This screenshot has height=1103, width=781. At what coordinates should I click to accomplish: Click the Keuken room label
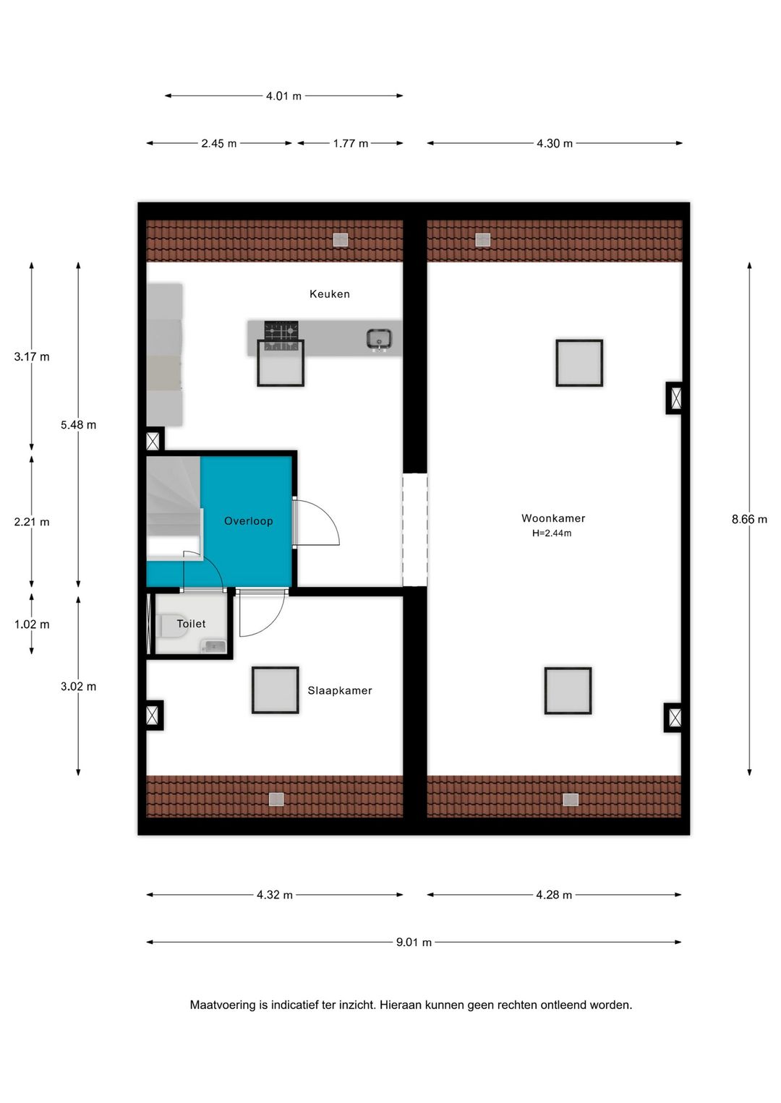(329, 294)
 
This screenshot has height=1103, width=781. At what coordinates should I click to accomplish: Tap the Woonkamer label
(553, 518)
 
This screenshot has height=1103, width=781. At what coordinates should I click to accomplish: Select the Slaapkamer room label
(340, 690)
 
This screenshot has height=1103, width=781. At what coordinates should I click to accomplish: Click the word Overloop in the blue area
(248, 521)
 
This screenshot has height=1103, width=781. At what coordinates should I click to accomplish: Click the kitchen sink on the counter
(379, 338)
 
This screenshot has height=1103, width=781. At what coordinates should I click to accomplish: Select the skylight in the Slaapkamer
(276, 690)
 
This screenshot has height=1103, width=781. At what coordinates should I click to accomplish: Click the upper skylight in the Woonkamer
(579, 363)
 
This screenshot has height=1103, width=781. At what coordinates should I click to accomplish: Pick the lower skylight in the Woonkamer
(568, 690)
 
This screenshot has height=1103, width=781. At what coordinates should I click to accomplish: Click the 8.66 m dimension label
(749, 519)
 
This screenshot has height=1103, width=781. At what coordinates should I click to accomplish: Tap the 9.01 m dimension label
(414, 943)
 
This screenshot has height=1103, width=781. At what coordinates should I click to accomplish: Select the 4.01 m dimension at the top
(283, 96)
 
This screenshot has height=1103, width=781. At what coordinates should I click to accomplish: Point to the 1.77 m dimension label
(351, 144)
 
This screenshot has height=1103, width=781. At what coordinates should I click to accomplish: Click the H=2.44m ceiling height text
(552, 533)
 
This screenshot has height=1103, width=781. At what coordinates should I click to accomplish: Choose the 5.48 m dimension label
(78, 425)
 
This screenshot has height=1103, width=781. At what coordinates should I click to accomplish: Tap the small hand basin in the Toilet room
(214, 645)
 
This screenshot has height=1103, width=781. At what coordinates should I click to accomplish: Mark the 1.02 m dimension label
(32, 625)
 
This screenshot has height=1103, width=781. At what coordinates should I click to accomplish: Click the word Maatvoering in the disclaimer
(223, 1005)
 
